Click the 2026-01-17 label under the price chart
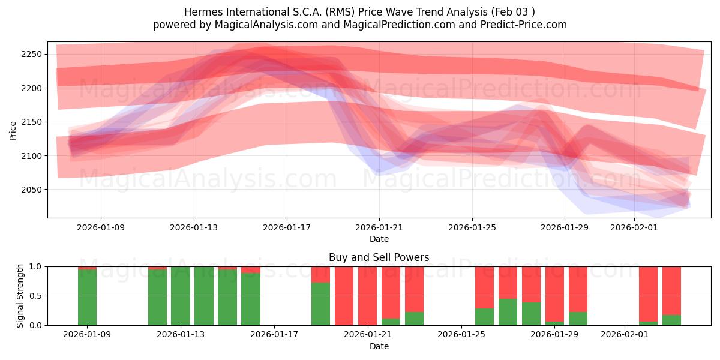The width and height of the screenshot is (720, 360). pos(286,227)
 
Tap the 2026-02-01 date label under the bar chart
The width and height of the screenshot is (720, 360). pos(625,334)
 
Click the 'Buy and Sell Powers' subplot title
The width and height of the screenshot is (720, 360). pos(379,257)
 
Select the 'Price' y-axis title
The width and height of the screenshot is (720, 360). pos(13,130)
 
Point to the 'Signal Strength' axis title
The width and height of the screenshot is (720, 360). pos(20,296)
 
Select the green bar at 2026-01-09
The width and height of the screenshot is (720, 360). pos(87,297)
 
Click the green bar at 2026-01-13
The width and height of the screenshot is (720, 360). pos(181,296)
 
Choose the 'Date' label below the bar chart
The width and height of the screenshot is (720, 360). pos(379,346)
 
